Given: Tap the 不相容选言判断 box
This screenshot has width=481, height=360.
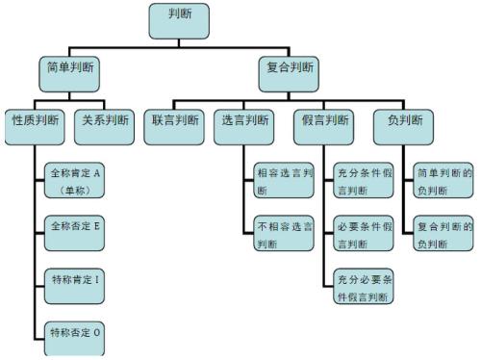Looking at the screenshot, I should pos(284,234).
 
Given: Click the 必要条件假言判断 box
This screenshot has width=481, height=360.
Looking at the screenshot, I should pos(364,234).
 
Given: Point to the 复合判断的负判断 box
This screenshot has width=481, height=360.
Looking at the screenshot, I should pos(443,234).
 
